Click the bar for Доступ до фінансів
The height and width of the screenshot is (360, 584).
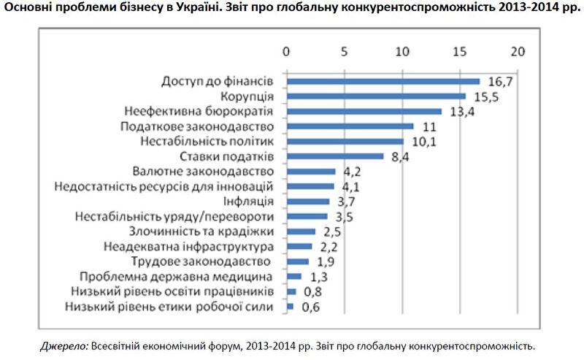coord(383,81)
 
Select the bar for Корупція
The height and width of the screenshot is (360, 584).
coord(376,96)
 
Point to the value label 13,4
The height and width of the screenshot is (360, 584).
coord(460,111)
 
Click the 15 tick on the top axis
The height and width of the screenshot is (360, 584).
coord(459,53)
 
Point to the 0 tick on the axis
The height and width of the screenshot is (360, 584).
coord(286,53)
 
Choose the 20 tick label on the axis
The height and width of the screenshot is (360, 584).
coord(518,53)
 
